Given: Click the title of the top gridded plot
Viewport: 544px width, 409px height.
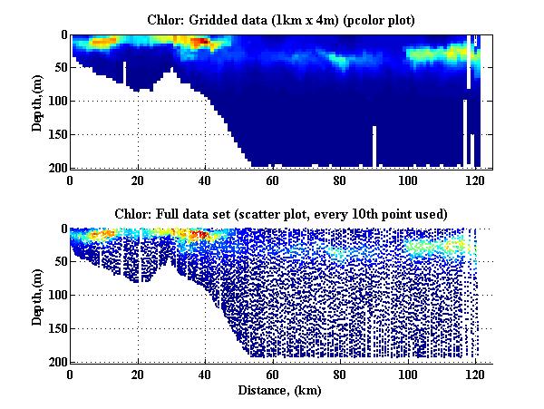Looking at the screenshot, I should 281,19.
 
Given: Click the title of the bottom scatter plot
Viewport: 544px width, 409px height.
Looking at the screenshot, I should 281,213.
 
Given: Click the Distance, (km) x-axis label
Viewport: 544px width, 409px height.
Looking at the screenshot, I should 281,390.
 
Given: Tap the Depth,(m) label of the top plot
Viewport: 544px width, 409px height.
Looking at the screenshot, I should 37,101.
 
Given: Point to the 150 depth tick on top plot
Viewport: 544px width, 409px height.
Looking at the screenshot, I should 55,134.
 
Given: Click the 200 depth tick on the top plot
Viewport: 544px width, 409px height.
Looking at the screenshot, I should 55,168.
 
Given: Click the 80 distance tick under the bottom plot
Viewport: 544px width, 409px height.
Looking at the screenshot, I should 340,374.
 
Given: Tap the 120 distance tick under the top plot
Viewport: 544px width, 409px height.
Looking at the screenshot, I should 475,180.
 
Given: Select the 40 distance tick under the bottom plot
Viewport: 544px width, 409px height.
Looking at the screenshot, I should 205,374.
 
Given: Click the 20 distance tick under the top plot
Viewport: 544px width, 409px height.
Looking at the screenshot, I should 138,180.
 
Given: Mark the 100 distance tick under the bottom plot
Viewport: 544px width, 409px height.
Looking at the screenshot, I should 408,374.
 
